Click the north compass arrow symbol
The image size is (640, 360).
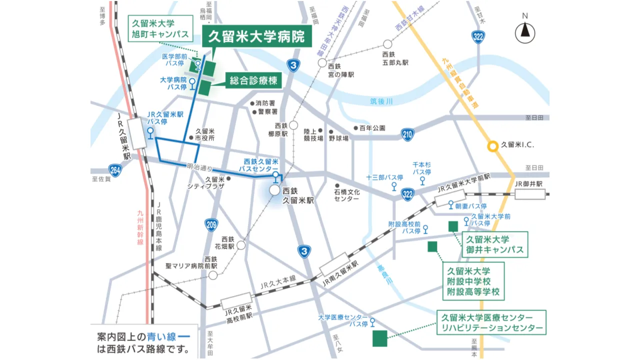[x=525, y=31]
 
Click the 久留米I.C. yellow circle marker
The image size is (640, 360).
[x=493, y=146]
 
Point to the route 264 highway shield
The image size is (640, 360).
[x=115, y=170]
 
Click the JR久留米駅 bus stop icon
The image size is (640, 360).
[x=150, y=132]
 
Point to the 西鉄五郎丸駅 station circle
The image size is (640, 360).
[x=387, y=44]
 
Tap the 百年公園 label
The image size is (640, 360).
[x=372, y=128]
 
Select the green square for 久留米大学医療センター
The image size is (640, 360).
[x=379, y=338]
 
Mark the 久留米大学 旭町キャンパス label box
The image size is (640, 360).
[x=160, y=28]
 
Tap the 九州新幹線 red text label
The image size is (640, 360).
[x=140, y=227]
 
